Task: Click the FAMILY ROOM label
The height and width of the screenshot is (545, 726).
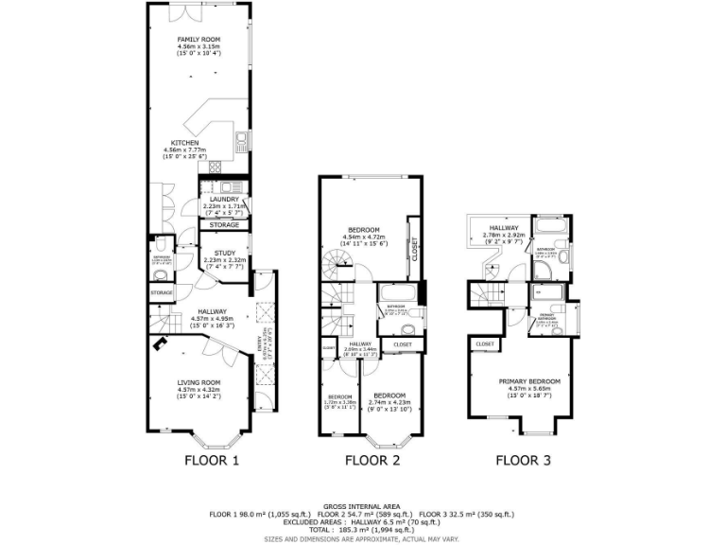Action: coord(199,40)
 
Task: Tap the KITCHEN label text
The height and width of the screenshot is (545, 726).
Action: coord(184,143)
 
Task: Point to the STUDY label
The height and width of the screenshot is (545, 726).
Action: coord(224,253)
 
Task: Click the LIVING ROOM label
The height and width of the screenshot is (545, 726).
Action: coord(199,382)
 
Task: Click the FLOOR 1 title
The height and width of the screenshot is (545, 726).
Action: coord(211,461)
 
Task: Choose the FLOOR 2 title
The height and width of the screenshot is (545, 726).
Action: coord(372,461)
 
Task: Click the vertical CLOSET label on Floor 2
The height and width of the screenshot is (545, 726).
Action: coord(414,248)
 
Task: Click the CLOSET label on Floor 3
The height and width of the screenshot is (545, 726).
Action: coord(484,343)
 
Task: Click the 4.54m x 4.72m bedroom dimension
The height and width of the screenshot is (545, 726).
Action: coord(364,237)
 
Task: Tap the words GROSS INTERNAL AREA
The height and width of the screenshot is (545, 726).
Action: coord(362,506)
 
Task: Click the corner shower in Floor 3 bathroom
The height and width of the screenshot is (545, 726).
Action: coord(543,272)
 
